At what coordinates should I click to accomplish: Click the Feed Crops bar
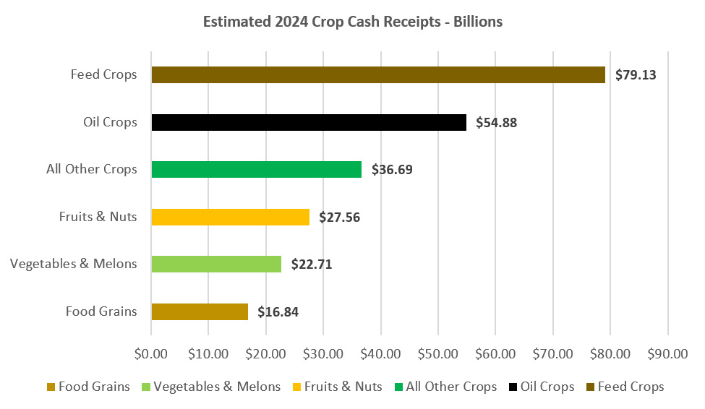click(x=377, y=74)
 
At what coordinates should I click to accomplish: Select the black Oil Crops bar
click(x=309, y=122)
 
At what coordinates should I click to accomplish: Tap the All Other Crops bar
click(x=256, y=170)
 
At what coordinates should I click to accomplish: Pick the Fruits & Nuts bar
click(x=230, y=217)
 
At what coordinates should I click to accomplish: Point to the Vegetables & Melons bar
click(x=216, y=264)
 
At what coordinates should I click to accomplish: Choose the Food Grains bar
click(x=200, y=311)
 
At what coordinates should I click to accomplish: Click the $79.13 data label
click(x=636, y=74)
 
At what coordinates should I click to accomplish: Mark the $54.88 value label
click(x=496, y=122)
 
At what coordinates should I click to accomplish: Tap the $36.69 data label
click(x=392, y=170)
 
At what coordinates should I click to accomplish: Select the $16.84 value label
click(x=278, y=311)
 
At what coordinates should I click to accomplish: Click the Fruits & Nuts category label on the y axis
click(x=98, y=217)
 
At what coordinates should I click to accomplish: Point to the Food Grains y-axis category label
click(x=101, y=311)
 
